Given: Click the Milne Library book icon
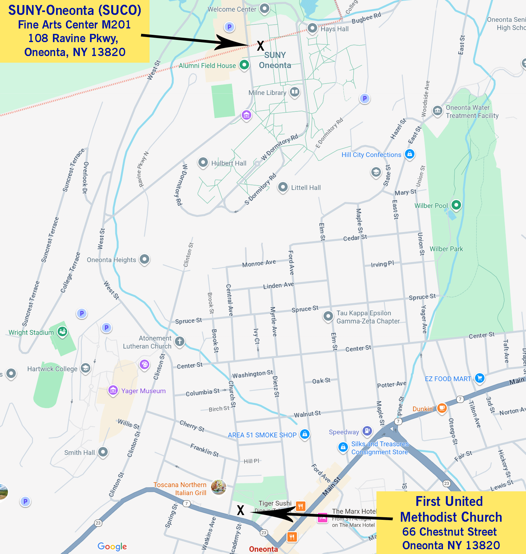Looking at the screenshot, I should point(295,92).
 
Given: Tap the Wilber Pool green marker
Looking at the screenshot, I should point(456,205).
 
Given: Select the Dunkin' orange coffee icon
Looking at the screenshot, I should point(442,408).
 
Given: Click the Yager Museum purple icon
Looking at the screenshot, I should point(113,390).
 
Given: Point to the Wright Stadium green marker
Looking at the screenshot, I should point(62,332).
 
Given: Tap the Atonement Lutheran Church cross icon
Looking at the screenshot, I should point(180,342).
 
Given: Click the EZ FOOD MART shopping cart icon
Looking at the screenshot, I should point(480,378).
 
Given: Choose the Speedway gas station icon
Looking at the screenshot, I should point(367,431).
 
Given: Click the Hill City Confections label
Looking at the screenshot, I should point(371,155).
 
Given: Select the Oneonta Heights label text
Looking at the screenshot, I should point(111,260).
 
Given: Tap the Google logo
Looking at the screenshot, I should point(112,546).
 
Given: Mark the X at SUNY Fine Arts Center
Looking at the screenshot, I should point(260,46).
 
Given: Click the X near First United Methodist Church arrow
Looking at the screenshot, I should point(241,510).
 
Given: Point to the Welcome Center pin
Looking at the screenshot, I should point(265,9).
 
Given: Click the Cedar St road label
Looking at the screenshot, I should point(355,237).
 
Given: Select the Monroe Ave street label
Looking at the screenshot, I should point(259,263).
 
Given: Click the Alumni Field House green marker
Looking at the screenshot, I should point(244,65).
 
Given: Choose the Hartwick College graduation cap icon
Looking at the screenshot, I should point(86,368).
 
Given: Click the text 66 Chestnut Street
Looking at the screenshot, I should point(449,532).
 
